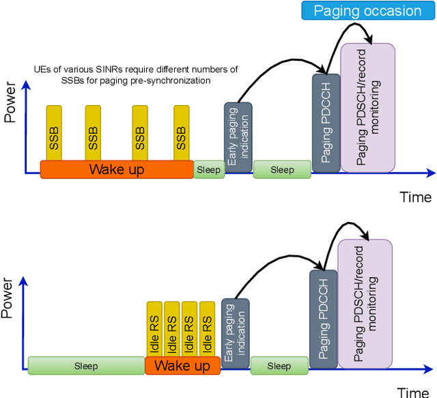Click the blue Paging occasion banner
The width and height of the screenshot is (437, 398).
(x=367, y=11)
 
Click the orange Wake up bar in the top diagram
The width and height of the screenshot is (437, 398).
(x=116, y=169)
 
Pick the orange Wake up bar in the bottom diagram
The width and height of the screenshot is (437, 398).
(x=182, y=366)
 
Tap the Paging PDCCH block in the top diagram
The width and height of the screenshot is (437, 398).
(x=326, y=122)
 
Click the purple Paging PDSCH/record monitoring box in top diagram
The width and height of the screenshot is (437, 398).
(x=367, y=107)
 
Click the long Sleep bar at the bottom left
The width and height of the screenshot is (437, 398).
(x=86, y=366)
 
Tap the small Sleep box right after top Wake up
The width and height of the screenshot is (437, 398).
(x=209, y=170)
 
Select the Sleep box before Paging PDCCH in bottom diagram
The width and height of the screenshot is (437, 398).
(x=279, y=366)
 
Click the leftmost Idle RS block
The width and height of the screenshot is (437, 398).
(x=154, y=329)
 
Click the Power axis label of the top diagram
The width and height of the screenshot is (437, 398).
(x=10, y=106)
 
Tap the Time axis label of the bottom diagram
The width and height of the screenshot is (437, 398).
(x=414, y=392)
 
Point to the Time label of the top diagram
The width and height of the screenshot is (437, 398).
(x=415, y=197)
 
